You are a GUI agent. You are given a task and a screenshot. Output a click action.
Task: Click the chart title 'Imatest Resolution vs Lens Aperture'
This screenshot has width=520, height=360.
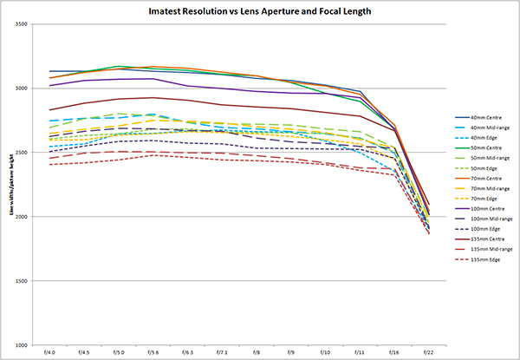pos(259,11)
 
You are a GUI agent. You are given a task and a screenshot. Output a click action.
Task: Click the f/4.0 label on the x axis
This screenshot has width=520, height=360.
pos(49,353)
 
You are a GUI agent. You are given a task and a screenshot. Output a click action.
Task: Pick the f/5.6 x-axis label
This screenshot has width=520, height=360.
pos(153,353)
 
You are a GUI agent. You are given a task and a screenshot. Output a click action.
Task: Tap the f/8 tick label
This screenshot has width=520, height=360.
pos(256,353)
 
